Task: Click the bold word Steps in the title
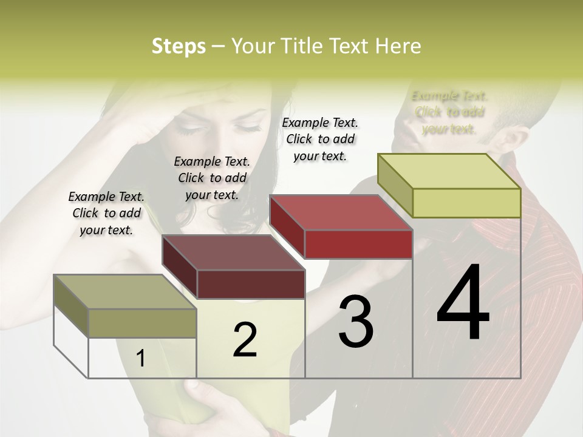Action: pyautogui.click(x=179, y=46)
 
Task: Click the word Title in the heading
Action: pyautogui.click(x=304, y=46)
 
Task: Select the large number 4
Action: pyautogui.click(x=463, y=303)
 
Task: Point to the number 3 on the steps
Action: pyautogui.click(x=356, y=321)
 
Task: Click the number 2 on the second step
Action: pyautogui.click(x=245, y=340)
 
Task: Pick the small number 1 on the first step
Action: pyautogui.click(x=141, y=358)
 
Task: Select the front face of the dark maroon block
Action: pyautogui.click(x=251, y=284)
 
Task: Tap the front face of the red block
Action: pyautogui.click(x=358, y=244)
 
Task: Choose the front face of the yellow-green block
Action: pyautogui.click(x=466, y=203)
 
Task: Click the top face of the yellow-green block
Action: pyautogui.click(x=449, y=171)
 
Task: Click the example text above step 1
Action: pyautogui.click(x=106, y=213)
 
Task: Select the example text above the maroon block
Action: pyautogui.click(x=212, y=178)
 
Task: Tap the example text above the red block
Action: pyautogui.click(x=320, y=139)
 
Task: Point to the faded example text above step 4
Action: pyautogui.click(x=449, y=112)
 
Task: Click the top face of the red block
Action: pyautogui.click(x=340, y=212)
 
